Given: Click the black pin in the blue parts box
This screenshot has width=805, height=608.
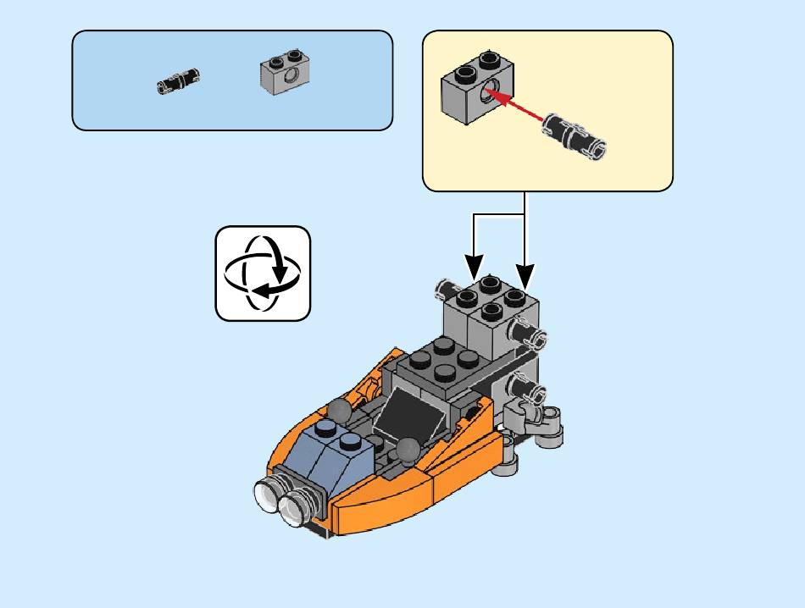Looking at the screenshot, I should coord(179,81).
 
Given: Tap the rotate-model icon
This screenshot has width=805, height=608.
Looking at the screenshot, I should coord(263,274).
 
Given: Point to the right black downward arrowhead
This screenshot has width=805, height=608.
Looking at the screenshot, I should coord(525,275).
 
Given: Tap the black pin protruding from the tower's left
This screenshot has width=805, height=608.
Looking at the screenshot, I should coord(444,290).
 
